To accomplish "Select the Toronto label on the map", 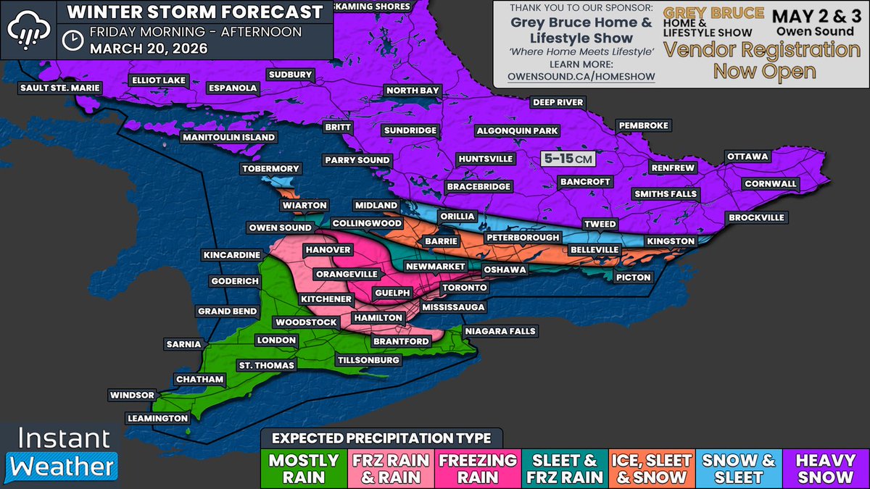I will coord(463,288).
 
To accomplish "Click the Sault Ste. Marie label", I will coord(61,88).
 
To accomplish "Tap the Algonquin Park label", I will coord(516,131).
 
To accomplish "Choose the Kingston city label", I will coord(672,241).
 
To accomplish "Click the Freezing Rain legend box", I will coord(478,468).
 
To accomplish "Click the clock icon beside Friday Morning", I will coord(72,41).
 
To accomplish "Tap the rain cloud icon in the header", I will coord(28,29).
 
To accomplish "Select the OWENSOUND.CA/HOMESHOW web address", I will coord(581,77).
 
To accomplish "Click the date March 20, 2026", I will coord(149,49).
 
